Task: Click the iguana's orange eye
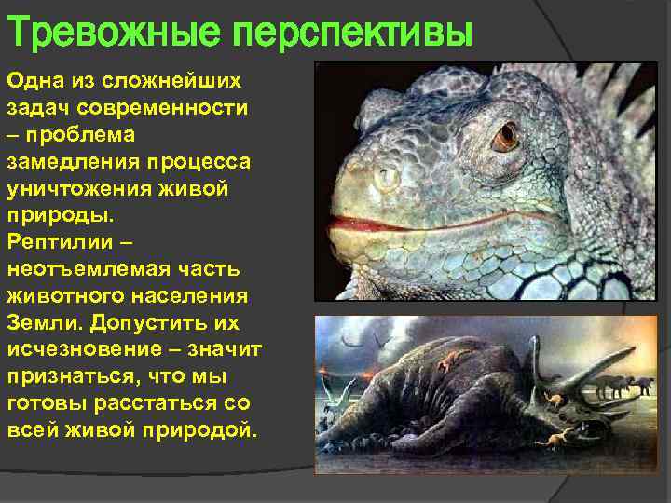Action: [506, 136]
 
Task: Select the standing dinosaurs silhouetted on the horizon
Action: [626, 385]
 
